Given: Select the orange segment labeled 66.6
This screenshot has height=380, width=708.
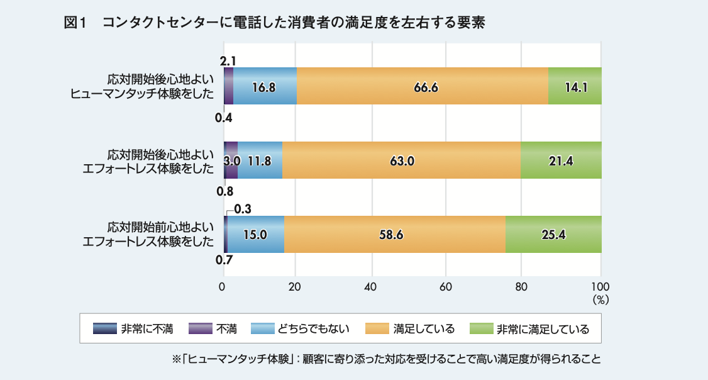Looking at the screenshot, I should pos(422,87).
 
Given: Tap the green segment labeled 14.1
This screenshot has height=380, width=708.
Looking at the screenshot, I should pos(575,87).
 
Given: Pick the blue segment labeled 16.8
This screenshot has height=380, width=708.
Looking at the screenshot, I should pos(265,87).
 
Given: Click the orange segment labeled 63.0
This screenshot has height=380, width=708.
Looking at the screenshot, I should pos(401,160).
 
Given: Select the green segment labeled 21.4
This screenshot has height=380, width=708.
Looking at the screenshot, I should pos(561,160).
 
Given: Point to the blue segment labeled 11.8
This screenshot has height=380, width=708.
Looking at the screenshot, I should pos(260,160).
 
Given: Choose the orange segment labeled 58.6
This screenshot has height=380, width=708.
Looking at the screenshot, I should pos(395,235).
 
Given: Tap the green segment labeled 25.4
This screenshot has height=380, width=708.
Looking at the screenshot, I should pos(553,235).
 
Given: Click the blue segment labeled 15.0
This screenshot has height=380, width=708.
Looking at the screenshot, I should pos(256,235).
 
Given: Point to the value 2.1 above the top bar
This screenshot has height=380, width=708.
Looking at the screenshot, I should pos(228,61).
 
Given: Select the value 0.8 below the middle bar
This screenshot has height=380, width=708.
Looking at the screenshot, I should pos(224,191).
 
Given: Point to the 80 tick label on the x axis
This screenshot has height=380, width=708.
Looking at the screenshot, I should pos(521,286).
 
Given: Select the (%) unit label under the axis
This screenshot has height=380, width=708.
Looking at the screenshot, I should pos(600,300).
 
